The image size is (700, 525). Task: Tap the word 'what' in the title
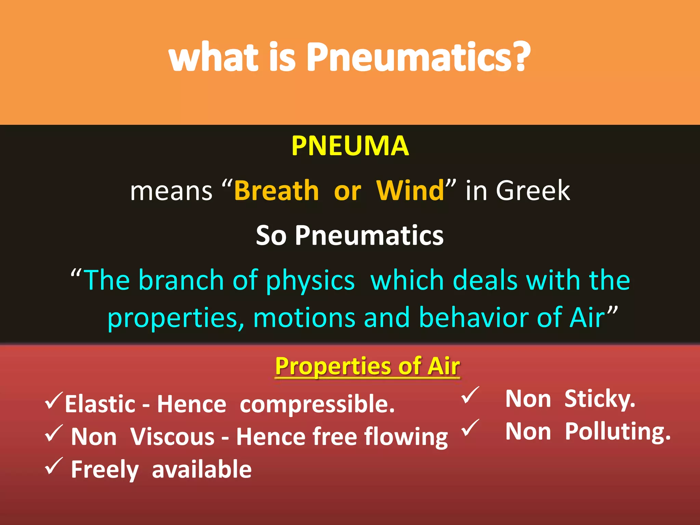point(214,57)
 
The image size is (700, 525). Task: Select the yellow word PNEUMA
point(350,146)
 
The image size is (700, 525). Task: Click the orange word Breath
point(277,190)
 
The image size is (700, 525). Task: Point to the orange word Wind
point(410,190)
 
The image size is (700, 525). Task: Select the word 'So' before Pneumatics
point(271,235)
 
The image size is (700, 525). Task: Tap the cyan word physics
point(310,281)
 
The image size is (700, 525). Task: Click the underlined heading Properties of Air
point(367,366)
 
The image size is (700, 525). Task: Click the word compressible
point(317,404)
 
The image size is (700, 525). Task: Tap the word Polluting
point(617,432)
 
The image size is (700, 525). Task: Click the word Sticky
point(600,399)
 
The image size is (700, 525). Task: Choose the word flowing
point(406,437)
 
